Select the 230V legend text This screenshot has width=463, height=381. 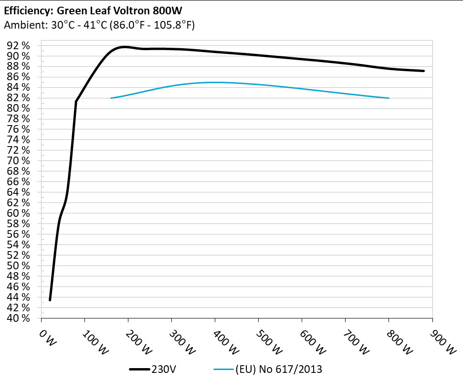(x=162, y=369)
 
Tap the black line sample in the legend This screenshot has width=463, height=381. (x=139, y=369)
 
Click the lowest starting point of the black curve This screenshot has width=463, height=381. (x=50, y=300)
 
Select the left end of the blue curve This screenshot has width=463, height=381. (x=111, y=98)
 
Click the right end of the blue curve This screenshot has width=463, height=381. (x=389, y=98)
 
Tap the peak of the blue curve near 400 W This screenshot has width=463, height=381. (x=215, y=82)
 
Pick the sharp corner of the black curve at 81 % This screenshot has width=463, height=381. (x=76, y=101)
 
